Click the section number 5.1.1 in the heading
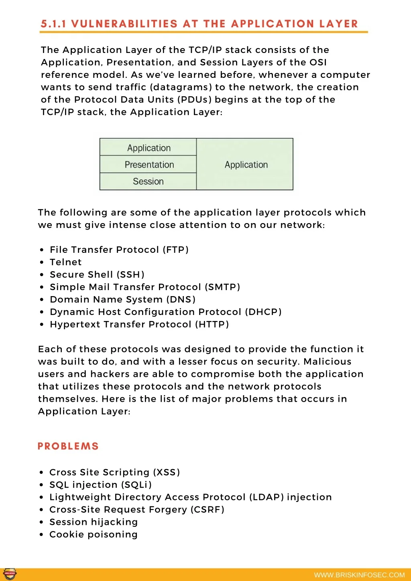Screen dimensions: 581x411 tap(53, 24)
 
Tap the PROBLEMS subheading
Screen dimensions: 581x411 tap(68, 446)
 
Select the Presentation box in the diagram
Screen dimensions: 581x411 tap(149, 165)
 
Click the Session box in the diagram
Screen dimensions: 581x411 tap(148, 181)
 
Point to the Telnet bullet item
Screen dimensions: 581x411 tap(65, 262)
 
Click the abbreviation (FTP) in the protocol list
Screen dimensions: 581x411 tap(175, 250)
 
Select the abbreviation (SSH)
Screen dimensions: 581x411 tap(130, 274)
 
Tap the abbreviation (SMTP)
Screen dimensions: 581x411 tap(222, 287)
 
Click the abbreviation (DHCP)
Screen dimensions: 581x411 tap(263, 312)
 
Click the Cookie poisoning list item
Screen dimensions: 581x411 tap(93, 534)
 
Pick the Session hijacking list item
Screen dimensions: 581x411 tap(93, 522)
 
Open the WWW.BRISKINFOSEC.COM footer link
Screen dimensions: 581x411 tap(359, 575)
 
